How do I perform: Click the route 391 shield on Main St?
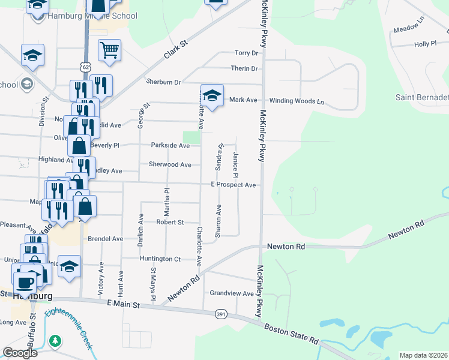click(221, 314)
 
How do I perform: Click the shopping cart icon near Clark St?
click(109, 52)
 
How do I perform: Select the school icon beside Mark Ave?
click(212, 96)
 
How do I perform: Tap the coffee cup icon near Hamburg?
click(25, 282)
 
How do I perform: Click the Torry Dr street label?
click(246, 53)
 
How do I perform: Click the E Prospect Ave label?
click(234, 185)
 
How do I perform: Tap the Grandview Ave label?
click(232, 293)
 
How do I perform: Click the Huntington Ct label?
click(160, 259)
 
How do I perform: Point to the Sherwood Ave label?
click(170, 164)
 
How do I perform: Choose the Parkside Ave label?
click(170, 145)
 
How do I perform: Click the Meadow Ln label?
click(409, 29)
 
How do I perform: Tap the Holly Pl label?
click(425, 44)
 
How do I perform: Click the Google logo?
click(20, 352)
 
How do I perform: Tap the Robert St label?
click(170, 222)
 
